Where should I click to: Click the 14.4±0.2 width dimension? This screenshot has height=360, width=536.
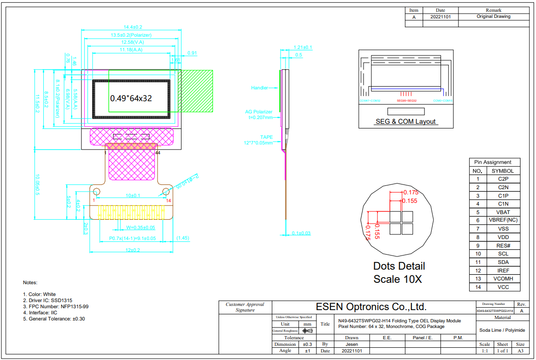pos(133,27)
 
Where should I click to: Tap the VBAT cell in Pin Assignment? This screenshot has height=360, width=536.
pos(503,212)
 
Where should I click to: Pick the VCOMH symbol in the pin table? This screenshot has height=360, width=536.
pos(503,279)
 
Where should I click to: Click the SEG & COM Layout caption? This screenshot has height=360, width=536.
pos(406,121)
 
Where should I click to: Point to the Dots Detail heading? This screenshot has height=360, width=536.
pos(399,266)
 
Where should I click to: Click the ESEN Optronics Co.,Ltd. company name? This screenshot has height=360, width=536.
pos(371,307)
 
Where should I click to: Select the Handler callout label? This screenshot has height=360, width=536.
pos(260,88)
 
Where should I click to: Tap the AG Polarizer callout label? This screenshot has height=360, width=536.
pos(259,112)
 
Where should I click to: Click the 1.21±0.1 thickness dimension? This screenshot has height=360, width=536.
pos(303,48)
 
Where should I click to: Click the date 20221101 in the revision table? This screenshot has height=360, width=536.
pos(441,16)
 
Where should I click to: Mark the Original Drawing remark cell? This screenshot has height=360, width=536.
pos(493,16)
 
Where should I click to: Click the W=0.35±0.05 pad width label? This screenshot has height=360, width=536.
pos(134,227)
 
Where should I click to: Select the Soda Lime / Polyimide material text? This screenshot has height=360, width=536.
pos(502,330)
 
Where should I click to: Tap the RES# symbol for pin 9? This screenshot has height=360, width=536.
pos(503,246)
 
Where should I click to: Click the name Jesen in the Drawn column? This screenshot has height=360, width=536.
pos(352,344)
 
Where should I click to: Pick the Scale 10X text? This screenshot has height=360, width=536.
pos(397,279)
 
